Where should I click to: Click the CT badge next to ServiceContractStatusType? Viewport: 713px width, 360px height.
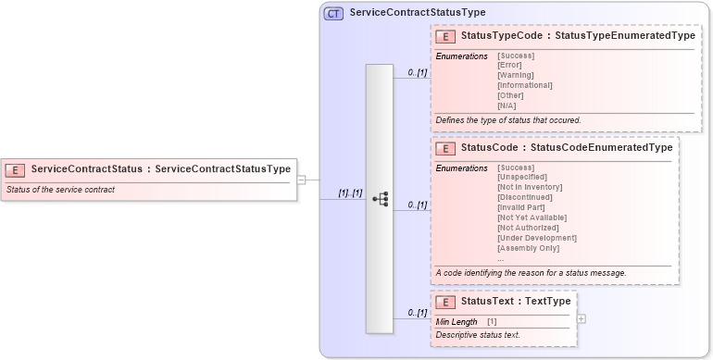point(334,13)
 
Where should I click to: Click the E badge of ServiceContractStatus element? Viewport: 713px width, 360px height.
point(16,169)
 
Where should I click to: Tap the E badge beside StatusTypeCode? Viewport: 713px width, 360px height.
point(445,36)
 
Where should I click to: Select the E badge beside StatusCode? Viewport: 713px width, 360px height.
point(445,147)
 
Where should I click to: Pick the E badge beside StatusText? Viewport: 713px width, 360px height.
point(445,302)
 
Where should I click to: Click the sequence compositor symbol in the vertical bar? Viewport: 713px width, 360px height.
point(380,199)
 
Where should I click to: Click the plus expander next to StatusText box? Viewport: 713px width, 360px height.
point(581,318)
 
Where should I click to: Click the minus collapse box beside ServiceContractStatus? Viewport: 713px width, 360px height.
point(301,180)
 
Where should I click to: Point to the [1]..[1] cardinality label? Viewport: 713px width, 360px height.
point(349,192)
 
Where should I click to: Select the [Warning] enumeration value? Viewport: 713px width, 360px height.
point(517,75)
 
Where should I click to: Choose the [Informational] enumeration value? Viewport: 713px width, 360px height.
point(525,85)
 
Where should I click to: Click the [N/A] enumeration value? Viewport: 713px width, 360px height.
point(508,106)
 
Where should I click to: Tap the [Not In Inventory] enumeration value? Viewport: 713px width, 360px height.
point(530,187)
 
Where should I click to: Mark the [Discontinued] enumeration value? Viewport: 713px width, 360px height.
point(525,197)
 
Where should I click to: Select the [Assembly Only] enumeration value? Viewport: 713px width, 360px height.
point(529,248)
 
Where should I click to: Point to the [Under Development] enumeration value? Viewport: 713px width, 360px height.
point(537,238)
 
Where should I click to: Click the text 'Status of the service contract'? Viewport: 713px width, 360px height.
point(60,190)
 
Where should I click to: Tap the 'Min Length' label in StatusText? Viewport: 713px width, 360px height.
point(457,321)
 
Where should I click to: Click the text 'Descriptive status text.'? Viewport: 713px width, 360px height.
point(478,334)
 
